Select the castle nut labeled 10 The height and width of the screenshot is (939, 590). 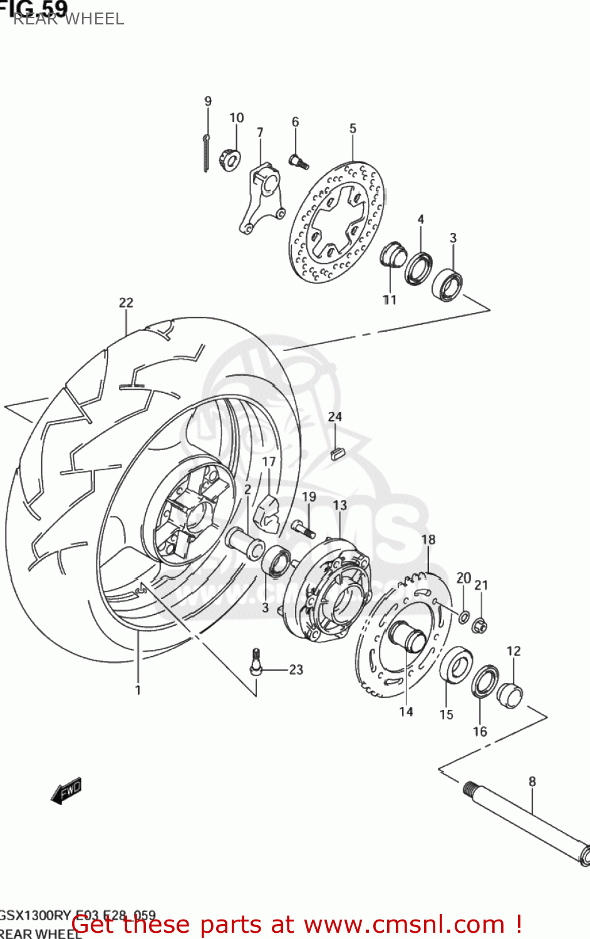coord(229,160)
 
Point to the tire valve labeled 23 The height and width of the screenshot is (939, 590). coord(256,663)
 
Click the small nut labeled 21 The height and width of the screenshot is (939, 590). coord(479,624)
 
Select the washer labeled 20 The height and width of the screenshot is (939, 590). coord(463,617)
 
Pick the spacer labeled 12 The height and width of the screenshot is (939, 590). coord(510,695)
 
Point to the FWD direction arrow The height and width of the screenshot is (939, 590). coord(66,791)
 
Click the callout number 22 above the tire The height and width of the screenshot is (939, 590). coord(126,303)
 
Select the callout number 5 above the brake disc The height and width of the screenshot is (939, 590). coord(353,128)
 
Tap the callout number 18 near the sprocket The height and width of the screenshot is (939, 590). coord(428,540)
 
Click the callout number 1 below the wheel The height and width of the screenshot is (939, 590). coord(138,690)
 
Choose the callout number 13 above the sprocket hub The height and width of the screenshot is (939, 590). coord(339,505)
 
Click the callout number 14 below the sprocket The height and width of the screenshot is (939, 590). coord(406,712)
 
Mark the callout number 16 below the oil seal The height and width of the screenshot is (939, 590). coord(480,731)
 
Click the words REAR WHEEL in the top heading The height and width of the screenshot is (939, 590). coord(69,19)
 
